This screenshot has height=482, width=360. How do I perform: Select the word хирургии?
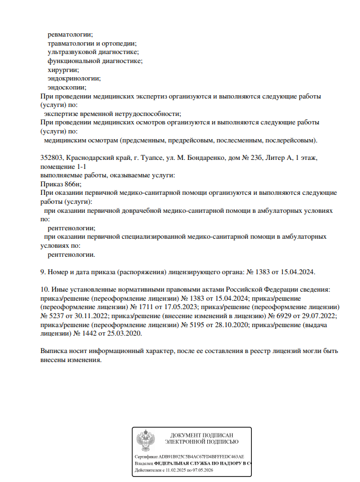63,69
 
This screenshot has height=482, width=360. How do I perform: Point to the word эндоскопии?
66,87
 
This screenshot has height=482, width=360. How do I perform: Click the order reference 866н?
73,184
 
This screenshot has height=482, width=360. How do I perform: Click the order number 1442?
83,333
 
